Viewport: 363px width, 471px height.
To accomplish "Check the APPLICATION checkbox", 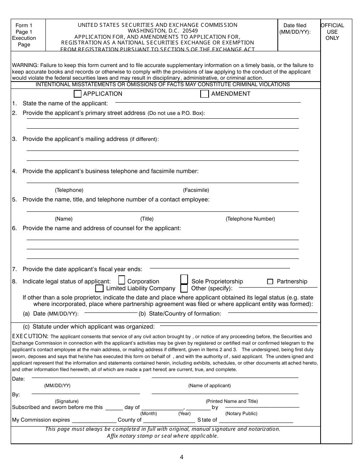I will coord(78,94).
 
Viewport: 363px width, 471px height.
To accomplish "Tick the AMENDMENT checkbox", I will coord(205,94).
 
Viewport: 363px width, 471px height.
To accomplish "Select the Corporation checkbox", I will coord(122,280).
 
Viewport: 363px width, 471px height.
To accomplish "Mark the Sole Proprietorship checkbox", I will coord(184,280).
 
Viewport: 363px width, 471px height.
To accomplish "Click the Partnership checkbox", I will coord(270,281).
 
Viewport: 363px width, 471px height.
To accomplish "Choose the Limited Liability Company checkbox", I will coord(99,288).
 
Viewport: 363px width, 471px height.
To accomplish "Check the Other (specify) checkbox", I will coord(184,288).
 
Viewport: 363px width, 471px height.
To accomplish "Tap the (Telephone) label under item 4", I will coord(69,190).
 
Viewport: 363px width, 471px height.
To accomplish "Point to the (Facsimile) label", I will coord(196,190).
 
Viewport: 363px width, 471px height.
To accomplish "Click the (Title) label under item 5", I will coord(147,219).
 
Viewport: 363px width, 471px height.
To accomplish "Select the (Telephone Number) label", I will coord(250,219).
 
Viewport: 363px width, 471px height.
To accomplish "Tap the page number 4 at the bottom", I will coord(181,457).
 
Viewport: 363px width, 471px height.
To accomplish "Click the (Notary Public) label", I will coord(241,413).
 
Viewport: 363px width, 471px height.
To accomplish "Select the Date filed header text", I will coord(295,29).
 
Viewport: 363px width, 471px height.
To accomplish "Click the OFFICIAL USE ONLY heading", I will coord(332,32).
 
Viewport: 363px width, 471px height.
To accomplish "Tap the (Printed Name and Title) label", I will coord(232,401).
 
